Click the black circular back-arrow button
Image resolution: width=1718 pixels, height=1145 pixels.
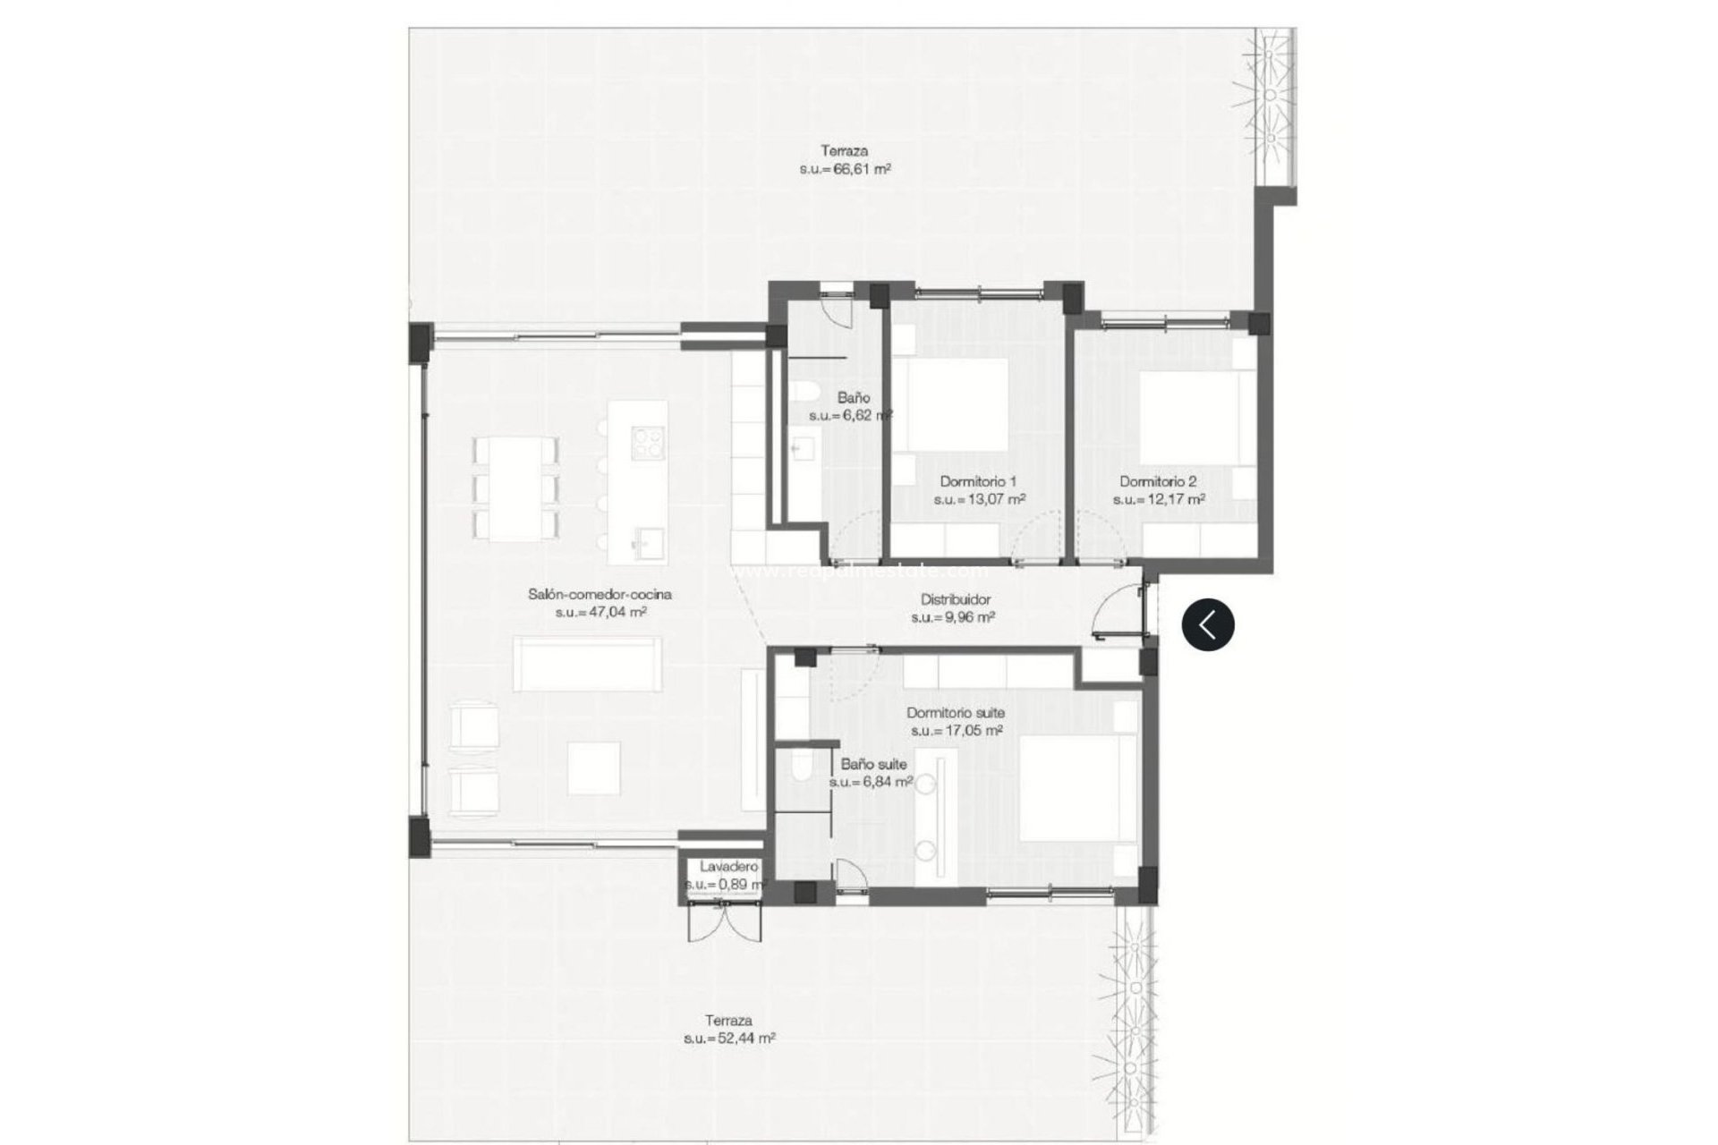pos(1207,623)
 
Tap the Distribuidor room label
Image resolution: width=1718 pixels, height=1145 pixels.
pos(955,600)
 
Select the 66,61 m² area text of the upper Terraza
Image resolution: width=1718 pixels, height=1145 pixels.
pos(845,168)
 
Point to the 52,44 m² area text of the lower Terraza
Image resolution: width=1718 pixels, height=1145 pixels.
pos(729,1039)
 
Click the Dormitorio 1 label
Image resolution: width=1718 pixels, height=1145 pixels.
pos(978,481)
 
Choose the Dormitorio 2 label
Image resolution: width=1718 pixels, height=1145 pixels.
pos(1158,481)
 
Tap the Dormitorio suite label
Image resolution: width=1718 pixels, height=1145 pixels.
pos(955,713)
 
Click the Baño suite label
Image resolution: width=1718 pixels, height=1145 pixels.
pos(873,764)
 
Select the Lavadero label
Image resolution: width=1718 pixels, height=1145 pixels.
pos(728,866)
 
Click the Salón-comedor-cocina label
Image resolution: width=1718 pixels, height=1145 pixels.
pos(600,594)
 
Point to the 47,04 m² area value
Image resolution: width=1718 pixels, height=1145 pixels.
pos(600,613)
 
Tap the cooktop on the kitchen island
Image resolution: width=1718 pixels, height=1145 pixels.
pos(648,443)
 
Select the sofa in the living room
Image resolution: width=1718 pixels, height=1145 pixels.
pos(587,663)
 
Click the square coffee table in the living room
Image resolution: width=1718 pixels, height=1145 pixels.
pos(594,769)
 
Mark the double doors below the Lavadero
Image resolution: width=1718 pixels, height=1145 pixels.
pos(726,921)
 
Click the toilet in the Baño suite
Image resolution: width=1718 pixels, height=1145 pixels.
pos(801,768)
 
